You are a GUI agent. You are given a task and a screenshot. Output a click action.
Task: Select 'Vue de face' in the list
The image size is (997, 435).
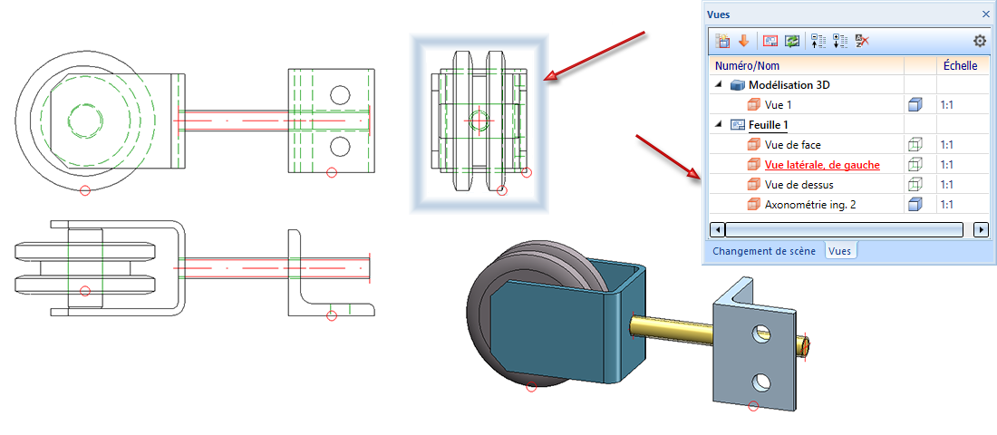click(792, 145)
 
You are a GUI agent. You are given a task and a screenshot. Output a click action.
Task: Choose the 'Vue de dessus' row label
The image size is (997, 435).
click(799, 185)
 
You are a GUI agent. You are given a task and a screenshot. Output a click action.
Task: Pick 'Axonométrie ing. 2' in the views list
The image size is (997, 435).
click(810, 205)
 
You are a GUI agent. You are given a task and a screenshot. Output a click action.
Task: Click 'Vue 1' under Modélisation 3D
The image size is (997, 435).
click(779, 105)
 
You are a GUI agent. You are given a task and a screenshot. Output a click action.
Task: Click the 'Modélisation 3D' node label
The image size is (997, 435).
click(802, 85)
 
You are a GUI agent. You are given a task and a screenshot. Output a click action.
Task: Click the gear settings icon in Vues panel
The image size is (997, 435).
click(979, 41)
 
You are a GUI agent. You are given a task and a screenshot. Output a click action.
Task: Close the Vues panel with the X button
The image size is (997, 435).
click(986, 14)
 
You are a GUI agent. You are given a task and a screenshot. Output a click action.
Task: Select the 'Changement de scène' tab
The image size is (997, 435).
click(763, 251)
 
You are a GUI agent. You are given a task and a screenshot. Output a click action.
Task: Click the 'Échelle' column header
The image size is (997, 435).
click(960, 66)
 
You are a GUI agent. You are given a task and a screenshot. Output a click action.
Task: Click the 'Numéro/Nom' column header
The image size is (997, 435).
click(747, 66)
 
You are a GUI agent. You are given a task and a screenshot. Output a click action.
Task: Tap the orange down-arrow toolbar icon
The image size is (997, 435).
click(743, 41)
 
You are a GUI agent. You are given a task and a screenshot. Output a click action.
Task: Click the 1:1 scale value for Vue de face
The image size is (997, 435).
click(947, 145)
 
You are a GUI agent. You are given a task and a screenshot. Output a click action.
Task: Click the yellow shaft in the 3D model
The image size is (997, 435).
click(671, 324)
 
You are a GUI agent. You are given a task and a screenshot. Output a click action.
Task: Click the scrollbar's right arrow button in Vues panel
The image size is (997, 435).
click(980, 229)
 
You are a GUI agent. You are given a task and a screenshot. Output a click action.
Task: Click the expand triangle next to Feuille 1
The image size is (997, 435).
click(720, 125)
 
